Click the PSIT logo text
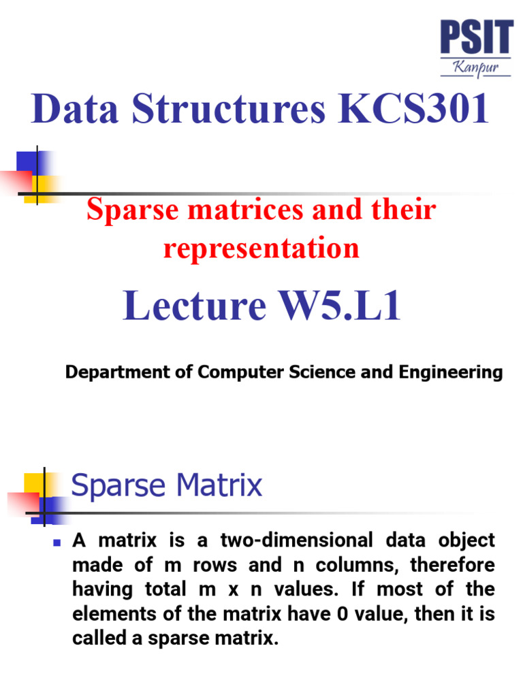click(476, 37)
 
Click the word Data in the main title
click(66, 110)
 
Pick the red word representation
click(261, 248)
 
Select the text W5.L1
click(336, 306)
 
